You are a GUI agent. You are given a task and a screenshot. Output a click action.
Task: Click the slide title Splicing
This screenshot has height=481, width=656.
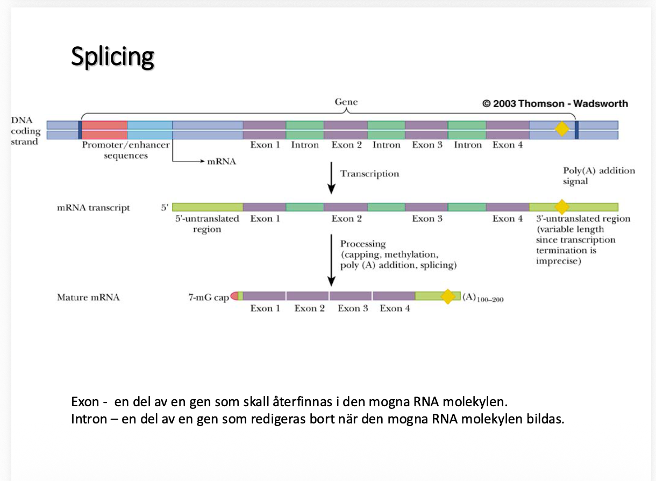point(112,56)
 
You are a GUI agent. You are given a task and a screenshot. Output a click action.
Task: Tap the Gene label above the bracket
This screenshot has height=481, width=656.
point(346,102)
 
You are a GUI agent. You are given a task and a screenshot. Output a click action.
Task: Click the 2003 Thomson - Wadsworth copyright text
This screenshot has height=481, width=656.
point(555,104)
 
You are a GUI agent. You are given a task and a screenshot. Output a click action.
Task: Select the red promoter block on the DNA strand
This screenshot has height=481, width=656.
point(104,130)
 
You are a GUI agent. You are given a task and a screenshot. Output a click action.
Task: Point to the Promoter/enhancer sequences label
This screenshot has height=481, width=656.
point(125,150)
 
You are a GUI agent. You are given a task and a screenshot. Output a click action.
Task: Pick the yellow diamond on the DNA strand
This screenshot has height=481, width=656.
point(561,129)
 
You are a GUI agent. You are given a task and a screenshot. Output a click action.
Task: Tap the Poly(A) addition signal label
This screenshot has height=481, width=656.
point(598,176)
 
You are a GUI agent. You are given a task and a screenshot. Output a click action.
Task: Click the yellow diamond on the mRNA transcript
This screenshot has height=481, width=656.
point(561,207)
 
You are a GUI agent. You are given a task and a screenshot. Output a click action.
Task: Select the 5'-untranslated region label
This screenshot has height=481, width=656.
point(207,224)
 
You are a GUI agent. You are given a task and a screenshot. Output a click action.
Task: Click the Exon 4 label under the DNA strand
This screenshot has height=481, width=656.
point(507,145)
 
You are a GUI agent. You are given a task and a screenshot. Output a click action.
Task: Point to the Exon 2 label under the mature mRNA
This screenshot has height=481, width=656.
point(309,308)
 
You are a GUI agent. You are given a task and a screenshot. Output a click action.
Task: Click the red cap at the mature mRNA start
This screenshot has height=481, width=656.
point(234,296)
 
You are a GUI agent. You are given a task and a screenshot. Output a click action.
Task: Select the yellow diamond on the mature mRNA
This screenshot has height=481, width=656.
point(447,296)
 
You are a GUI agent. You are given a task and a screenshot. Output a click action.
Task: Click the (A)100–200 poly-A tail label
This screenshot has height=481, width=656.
point(482,298)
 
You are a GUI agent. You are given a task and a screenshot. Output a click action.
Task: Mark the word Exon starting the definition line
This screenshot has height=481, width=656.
point(85,402)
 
